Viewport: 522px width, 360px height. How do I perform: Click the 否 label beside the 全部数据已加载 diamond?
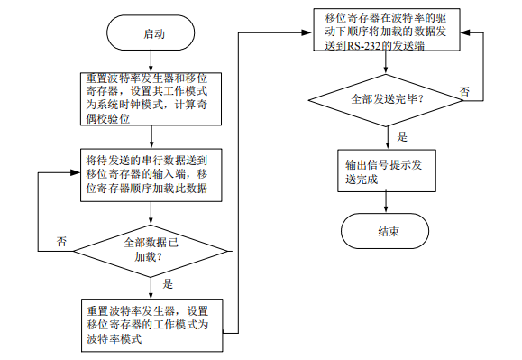coord(61,242)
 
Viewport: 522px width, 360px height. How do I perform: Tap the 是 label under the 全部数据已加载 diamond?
coord(167,283)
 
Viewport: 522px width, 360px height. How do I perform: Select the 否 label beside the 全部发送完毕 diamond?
coord(464,92)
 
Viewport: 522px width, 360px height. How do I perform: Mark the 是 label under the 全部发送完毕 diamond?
coord(403,136)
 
